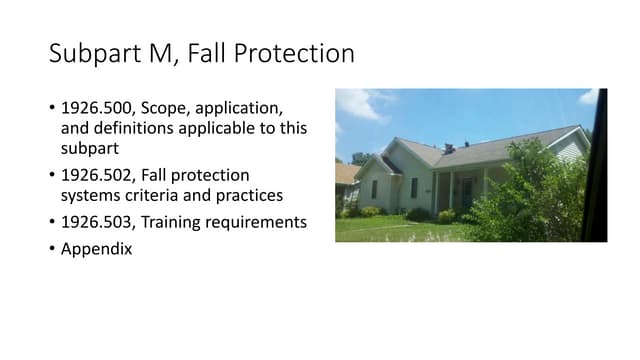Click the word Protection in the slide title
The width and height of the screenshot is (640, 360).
301,54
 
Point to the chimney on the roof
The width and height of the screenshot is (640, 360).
449,148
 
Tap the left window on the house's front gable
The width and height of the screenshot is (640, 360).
374,188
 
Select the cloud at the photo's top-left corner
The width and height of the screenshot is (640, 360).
355,103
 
